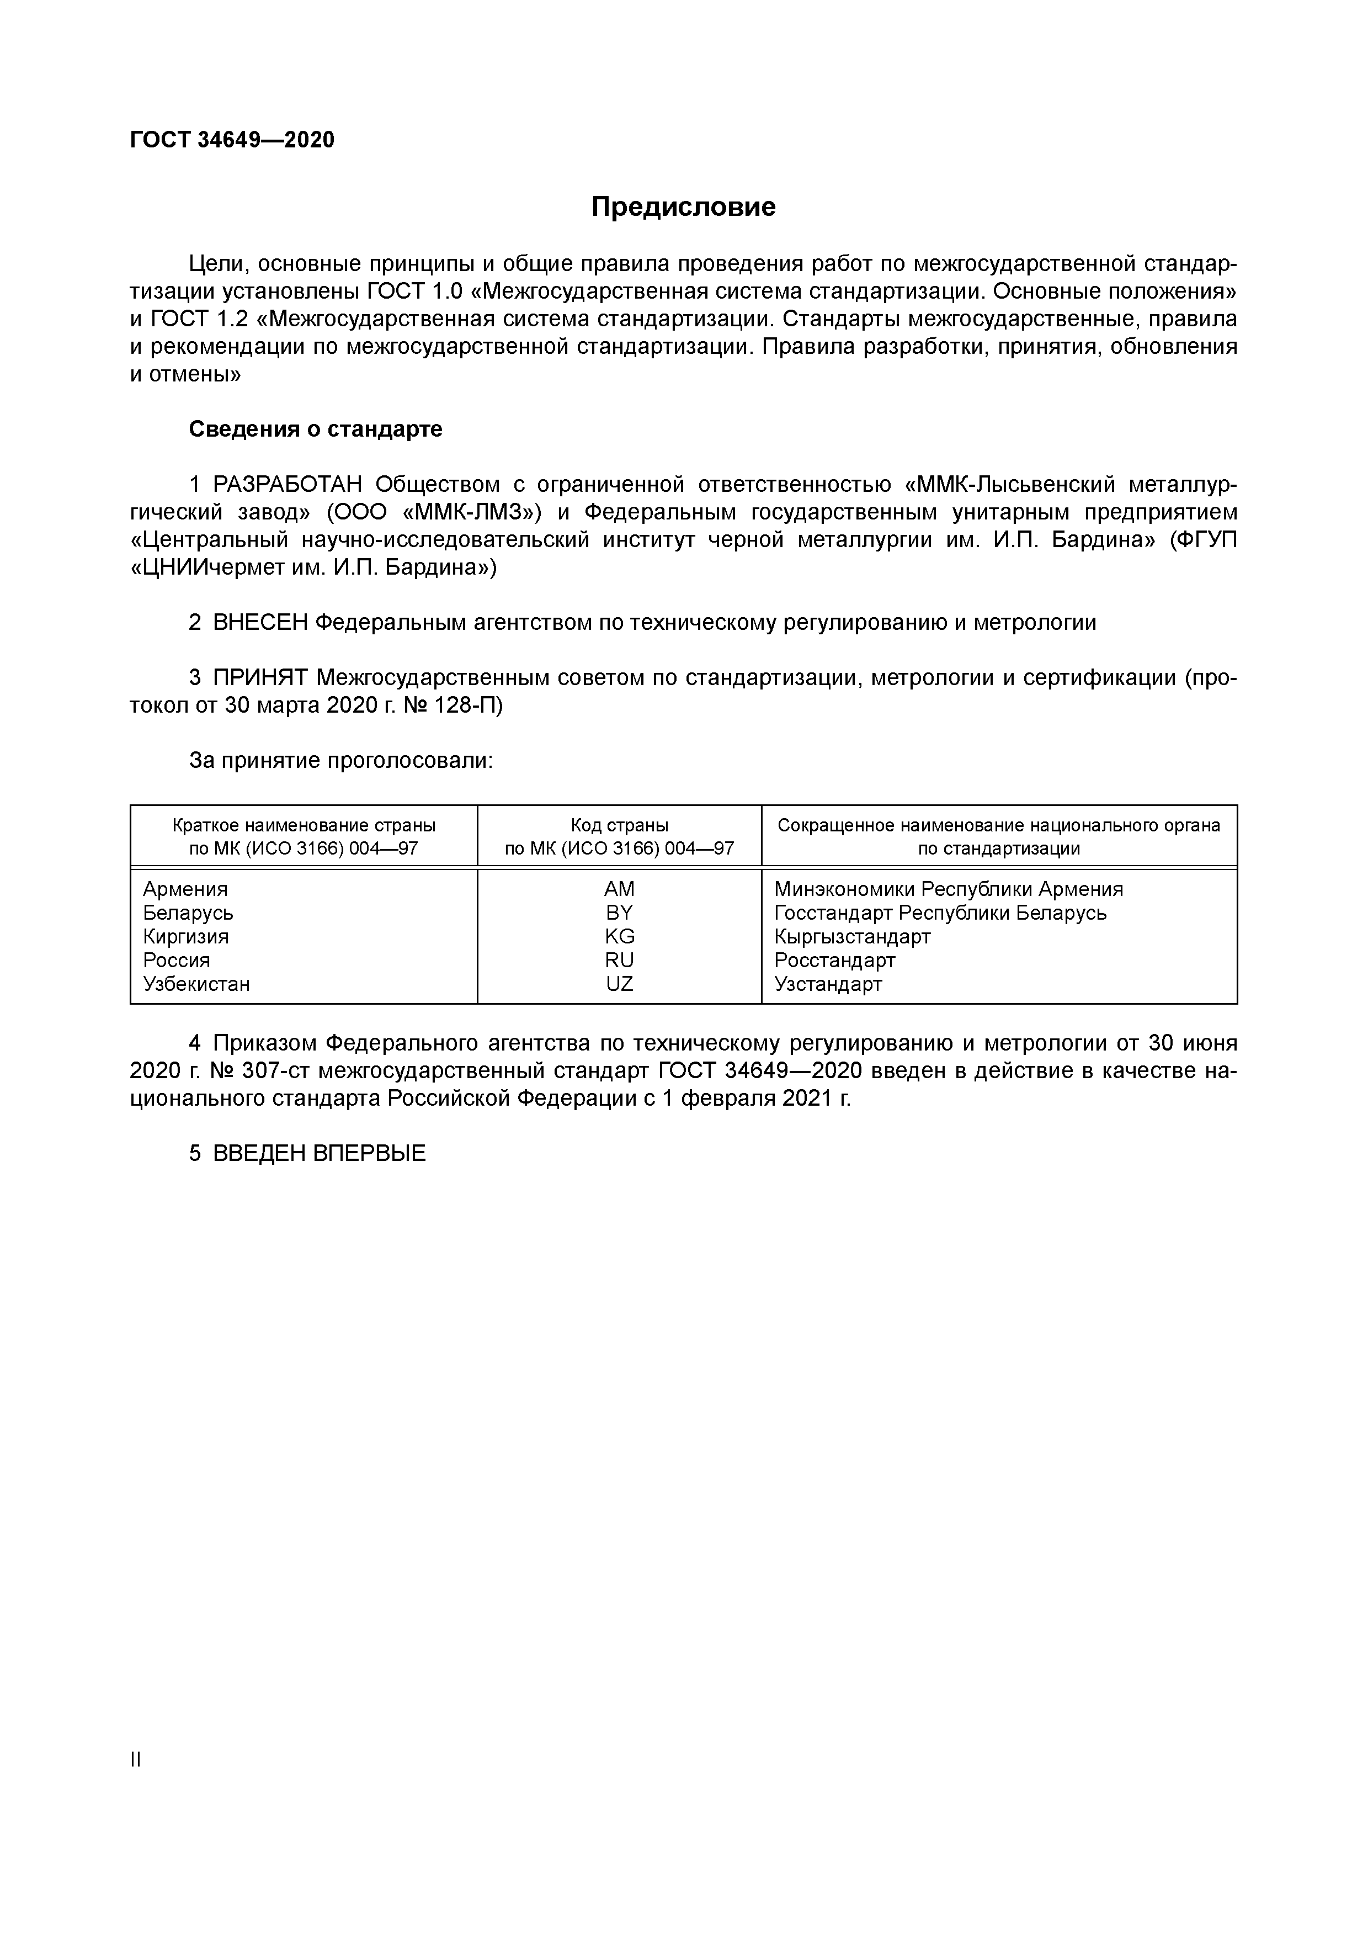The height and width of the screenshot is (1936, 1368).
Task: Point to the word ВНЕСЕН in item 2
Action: click(260, 623)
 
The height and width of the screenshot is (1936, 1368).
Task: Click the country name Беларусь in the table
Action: click(188, 913)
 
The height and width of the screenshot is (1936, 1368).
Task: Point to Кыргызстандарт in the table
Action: click(852, 936)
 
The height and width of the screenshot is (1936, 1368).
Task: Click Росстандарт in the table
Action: click(834, 959)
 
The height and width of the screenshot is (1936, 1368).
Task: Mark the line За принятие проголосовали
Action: click(340, 761)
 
